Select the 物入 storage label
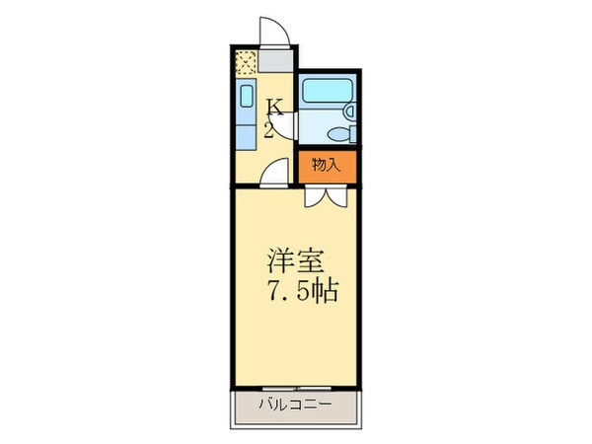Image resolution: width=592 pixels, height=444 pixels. pyautogui.click(x=325, y=165)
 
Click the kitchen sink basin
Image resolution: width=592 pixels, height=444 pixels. pyautogui.click(x=247, y=97)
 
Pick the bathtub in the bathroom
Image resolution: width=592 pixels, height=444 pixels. pyautogui.click(x=325, y=91)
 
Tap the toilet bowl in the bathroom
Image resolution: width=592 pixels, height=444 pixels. pyautogui.click(x=335, y=134)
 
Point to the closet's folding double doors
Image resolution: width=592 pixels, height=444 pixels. pyautogui.click(x=325, y=194)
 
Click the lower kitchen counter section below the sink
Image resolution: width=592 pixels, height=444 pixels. pyautogui.click(x=247, y=131)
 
